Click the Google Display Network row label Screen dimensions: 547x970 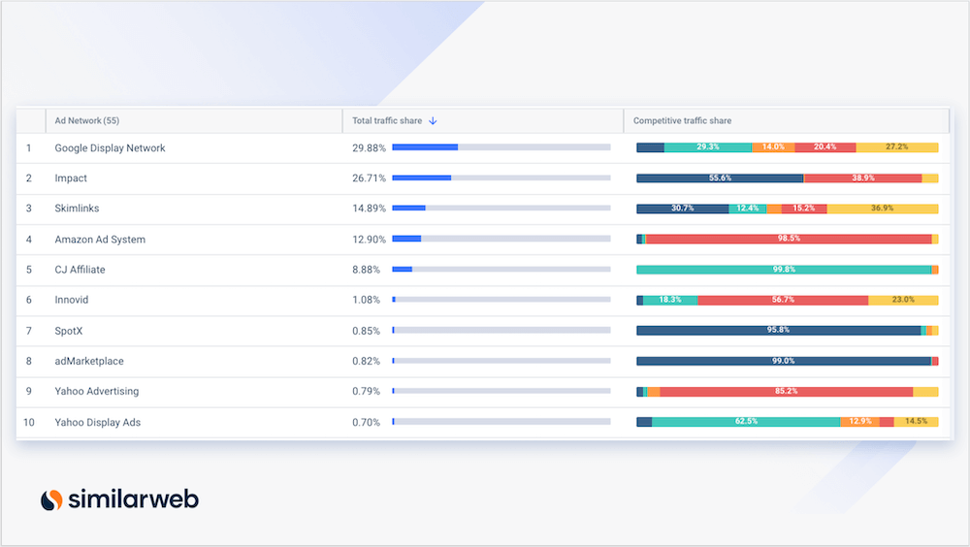110,148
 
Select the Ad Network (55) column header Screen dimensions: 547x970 87,121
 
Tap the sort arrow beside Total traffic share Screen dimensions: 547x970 434,121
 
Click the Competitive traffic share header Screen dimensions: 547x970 682,121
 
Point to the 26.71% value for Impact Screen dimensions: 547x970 369,178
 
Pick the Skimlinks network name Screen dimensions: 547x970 77,209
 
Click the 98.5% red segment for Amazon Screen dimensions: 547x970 788,239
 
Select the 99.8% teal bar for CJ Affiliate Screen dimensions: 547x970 784,270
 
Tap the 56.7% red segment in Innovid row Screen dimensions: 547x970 782,300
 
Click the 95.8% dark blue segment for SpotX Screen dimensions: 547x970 778,330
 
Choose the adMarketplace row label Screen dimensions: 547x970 89,361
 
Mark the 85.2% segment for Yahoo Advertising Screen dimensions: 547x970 786,392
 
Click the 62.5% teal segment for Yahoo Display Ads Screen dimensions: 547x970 746,422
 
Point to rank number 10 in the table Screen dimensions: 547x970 29,422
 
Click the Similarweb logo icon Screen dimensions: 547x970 51,499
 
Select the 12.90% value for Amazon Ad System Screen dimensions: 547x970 369,240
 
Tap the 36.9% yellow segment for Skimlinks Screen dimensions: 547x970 883,209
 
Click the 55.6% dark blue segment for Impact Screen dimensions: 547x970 720,178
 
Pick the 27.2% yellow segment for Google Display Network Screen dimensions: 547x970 897,147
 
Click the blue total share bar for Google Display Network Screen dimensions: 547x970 425,147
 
